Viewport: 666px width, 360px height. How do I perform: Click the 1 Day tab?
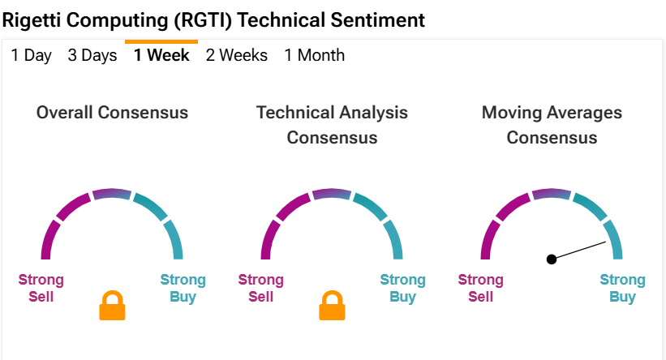pyautogui.click(x=31, y=55)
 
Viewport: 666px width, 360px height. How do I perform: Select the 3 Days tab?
pyautogui.click(x=92, y=55)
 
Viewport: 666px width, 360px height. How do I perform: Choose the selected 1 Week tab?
pyautogui.click(x=161, y=55)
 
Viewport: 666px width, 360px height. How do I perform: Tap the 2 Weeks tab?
pyautogui.click(x=237, y=55)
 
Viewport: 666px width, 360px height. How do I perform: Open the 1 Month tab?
pyautogui.click(x=314, y=55)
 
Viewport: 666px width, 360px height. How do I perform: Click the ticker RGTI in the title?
pyautogui.click(x=203, y=20)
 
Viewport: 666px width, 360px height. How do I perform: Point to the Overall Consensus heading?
pyautogui.click(x=112, y=113)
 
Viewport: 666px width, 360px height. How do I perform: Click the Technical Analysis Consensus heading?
pyautogui.click(x=332, y=125)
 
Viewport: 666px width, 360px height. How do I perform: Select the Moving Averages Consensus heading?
pyautogui.click(x=552, y=125)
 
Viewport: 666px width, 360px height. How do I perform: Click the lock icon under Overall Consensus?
pyautogui.click(x=112, y=305)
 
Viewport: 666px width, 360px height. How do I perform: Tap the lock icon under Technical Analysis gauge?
pyautogui.click(x=332, y=305)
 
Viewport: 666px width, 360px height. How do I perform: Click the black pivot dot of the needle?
pyautogui.click(x=552, y=259)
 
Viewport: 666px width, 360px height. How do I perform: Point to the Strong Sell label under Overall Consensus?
pyautogui.click(x=41, y=288)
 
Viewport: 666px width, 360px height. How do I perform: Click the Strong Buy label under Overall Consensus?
pyautogui.click(x=183, y=288)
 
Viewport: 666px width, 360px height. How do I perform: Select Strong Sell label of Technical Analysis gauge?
pyautogui.click(x=260, y=288)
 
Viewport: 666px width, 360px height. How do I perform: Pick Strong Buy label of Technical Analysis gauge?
pyautogui.click(x=402, y=288)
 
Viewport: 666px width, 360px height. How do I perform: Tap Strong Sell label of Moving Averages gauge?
pyautogui.click(x=481, y=288)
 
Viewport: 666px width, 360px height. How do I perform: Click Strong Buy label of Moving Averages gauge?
pyautogui.click(x=623, y=288)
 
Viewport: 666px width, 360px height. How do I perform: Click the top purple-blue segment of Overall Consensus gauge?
pyautogui.click(x=112, y=193)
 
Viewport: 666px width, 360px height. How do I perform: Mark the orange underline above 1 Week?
pyautogui.click(x=161, y=41)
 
